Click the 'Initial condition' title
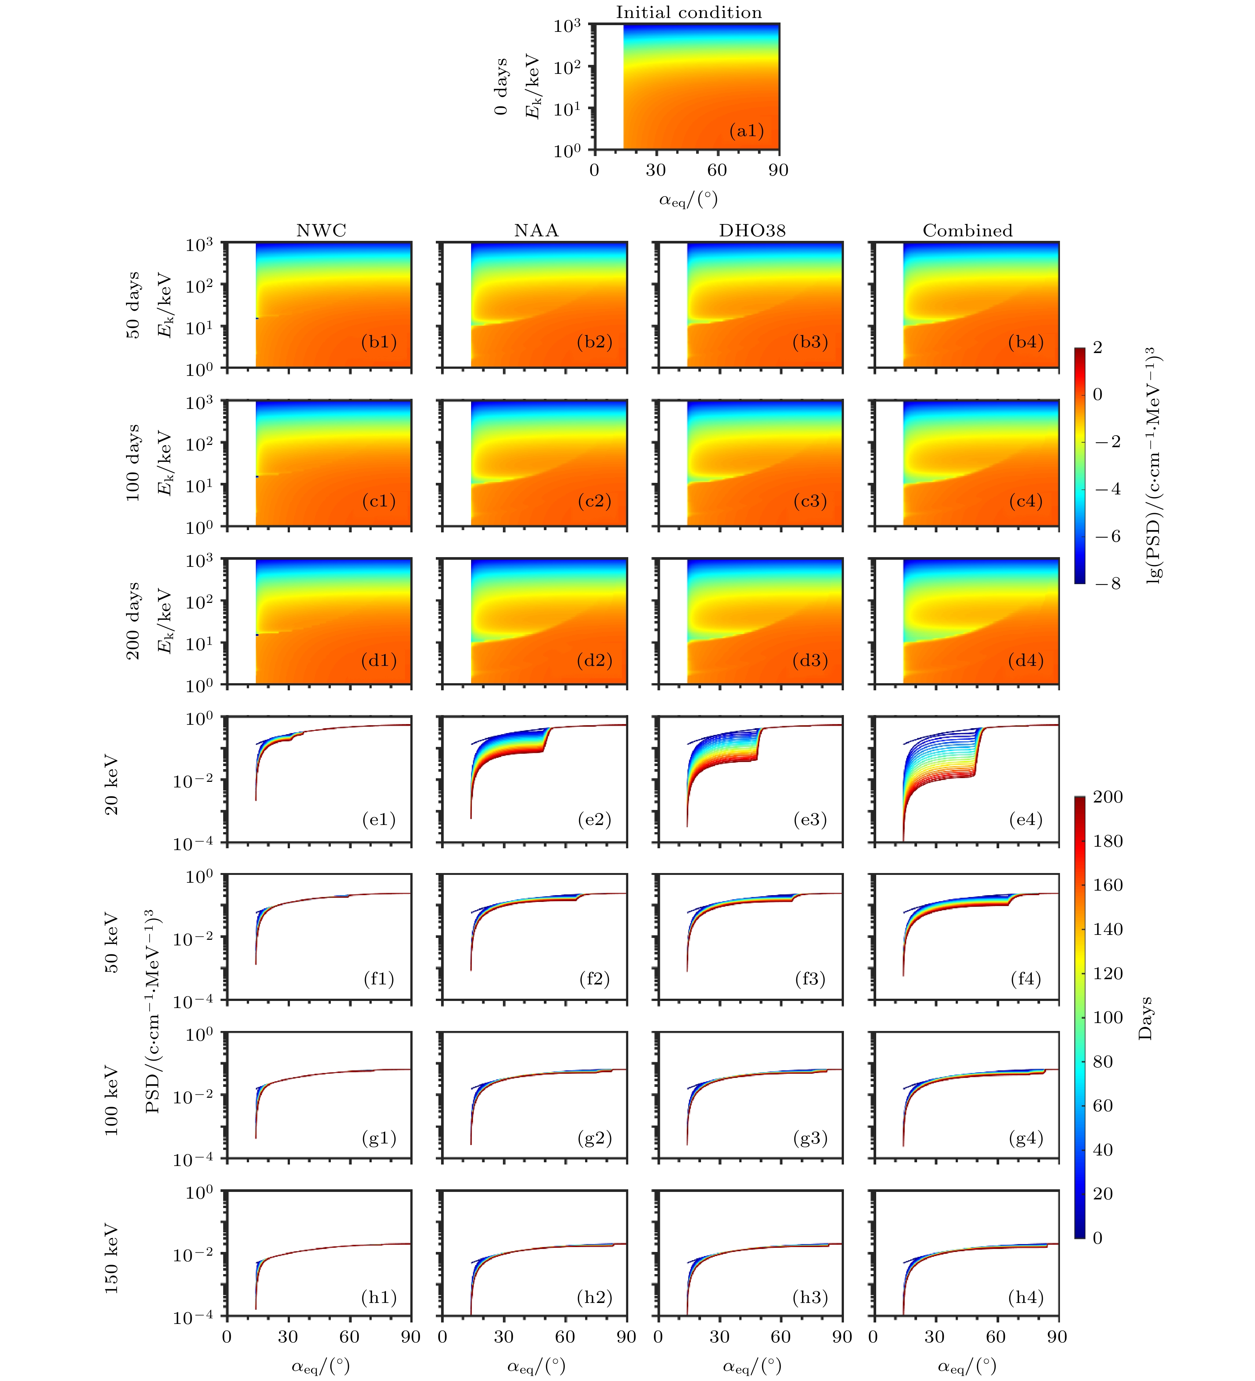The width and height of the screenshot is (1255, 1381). [x=688, y=12]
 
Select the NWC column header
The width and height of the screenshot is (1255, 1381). [x=321, y=230]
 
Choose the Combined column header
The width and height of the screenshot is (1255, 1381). [x=967, y=230]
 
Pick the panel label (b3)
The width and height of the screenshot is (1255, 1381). [x=810, y=342]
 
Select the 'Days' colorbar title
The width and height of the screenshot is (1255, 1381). [x=1145, y=1019]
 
